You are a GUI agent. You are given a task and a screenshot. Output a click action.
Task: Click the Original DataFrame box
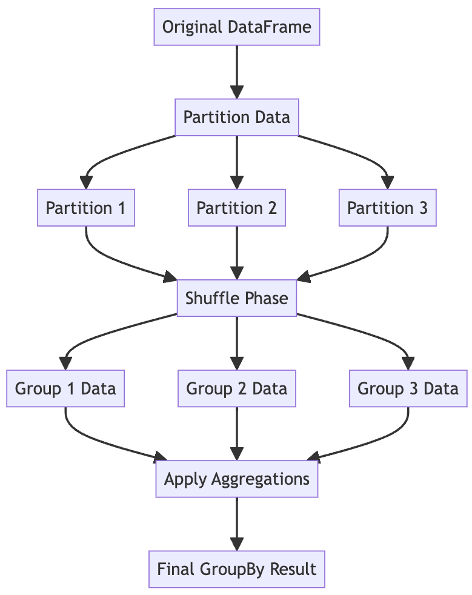236,27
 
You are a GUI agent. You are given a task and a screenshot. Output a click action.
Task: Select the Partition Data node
236,117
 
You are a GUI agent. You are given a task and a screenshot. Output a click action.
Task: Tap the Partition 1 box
86,208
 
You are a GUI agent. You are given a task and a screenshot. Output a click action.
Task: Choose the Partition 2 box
236,208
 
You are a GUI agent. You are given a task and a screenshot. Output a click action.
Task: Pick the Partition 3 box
387,208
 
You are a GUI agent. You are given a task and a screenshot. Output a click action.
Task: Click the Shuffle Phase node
236,298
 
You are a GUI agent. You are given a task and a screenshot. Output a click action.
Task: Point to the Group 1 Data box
65,388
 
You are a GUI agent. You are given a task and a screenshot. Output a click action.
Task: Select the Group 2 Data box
236,388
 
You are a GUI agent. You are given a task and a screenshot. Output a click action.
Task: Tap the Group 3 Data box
408,388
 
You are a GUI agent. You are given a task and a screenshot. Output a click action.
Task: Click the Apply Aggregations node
236,479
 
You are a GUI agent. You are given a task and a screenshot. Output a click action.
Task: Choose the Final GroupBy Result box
236,569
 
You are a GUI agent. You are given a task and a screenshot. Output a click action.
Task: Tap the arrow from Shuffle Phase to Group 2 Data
236,343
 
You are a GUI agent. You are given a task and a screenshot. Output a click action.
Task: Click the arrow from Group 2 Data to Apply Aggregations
236,433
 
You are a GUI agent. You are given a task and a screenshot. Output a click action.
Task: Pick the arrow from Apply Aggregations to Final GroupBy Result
236,524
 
